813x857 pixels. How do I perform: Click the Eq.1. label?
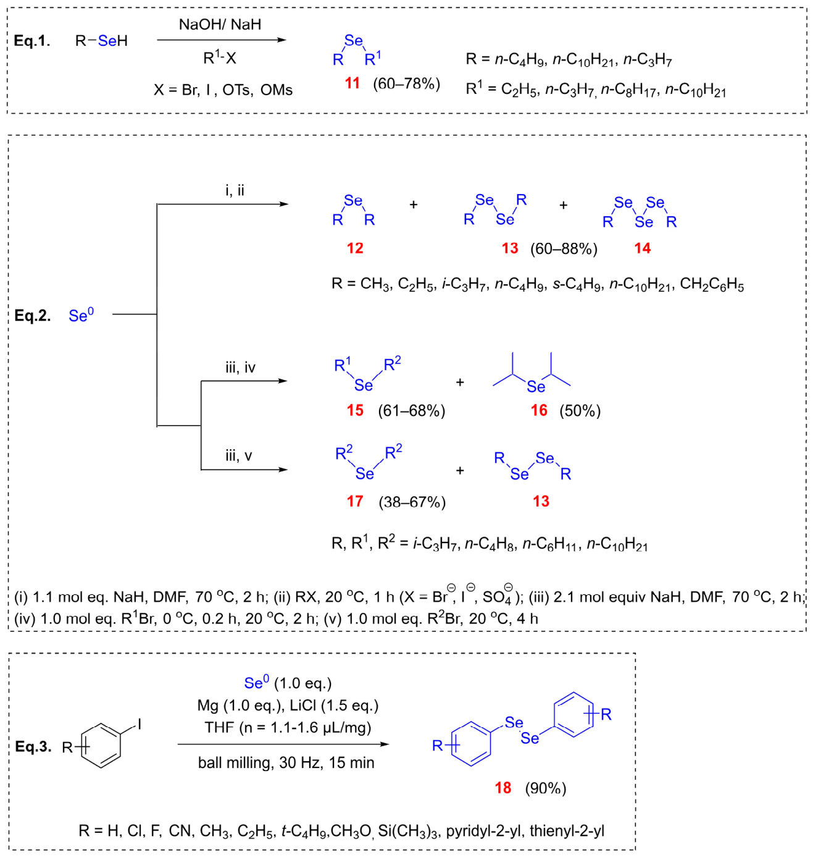click(x=32, y=41)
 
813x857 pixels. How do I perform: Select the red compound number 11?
click(x=352, y=83)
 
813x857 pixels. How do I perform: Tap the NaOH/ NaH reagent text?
click(x=220, y=25)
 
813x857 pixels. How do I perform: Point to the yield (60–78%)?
click(x=406, y=83)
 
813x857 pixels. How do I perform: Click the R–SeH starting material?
click(x=101, y=41)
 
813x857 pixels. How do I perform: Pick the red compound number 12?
click(x=355, y=248)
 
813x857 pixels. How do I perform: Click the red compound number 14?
click(x=642, y=248)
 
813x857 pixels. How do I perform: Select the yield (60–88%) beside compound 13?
click(x=564, y=249)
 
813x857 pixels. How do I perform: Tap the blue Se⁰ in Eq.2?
click(x=81, y=315)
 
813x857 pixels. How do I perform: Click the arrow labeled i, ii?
click(x=223, y=204)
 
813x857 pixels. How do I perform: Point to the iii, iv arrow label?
click(x=240, y=368)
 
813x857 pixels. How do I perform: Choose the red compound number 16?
click(x=539, y=410)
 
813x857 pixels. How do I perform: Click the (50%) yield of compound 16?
click(x=580, y=411)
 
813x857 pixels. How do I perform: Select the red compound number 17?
click(x=355, y=501)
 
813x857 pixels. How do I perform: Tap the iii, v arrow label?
click(x=239, y=456)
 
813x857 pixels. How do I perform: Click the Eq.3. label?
click(x=33, y=747)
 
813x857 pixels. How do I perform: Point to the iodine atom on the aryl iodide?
click(x=140, y=725)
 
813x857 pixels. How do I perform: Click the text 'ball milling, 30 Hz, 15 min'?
click(x=286, y=762)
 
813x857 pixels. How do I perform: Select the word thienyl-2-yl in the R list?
click(x=567, y=831)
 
